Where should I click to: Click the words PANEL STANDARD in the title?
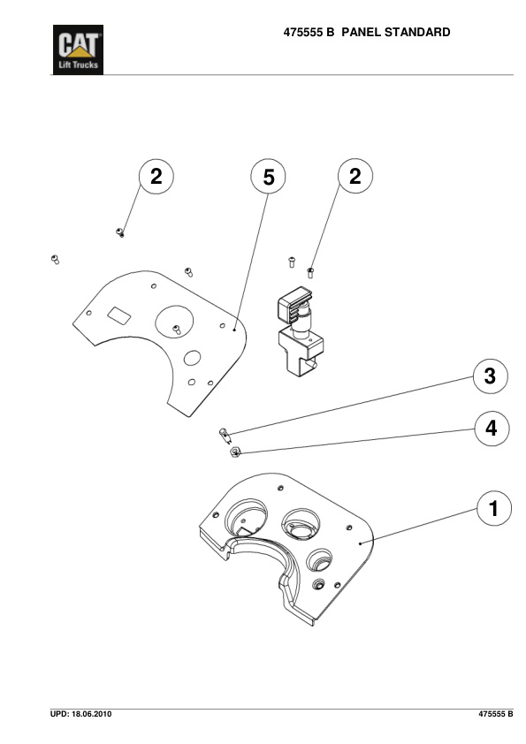[x=395, y=33]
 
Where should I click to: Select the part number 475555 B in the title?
[x=309, y=33]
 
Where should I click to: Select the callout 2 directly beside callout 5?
[x=354, y=177]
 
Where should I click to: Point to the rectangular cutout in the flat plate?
[x=118, y=314]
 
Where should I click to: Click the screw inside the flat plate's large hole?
[x=177, y=330]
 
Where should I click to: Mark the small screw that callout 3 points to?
[x=225, y=433]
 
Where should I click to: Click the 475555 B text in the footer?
[x=496, y=713]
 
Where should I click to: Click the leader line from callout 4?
[x=354, y=442]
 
